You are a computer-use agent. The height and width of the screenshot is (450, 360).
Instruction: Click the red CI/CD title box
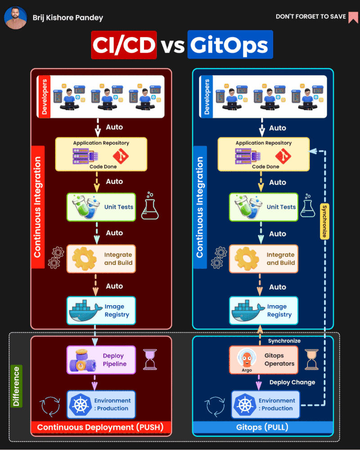124,45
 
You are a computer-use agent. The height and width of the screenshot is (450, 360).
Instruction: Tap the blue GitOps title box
230,45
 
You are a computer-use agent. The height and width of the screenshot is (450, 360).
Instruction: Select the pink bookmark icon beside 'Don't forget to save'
353,17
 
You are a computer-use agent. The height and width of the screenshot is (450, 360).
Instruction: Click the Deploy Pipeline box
101,360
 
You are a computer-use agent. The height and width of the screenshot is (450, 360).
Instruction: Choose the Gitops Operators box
264,360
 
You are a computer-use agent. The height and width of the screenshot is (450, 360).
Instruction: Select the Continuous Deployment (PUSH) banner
101,427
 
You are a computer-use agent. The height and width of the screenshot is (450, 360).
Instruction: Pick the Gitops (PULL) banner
263,427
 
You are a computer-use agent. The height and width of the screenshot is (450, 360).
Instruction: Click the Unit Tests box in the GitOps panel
264,207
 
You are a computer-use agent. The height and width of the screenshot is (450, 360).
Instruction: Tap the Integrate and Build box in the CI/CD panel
101,259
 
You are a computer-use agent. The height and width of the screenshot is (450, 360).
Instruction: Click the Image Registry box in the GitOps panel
264,310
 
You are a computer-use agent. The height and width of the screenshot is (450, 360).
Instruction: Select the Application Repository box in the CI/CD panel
101,154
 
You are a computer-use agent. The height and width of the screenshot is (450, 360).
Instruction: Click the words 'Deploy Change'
292,382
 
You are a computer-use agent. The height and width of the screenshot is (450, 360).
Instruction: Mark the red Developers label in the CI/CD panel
44,97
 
